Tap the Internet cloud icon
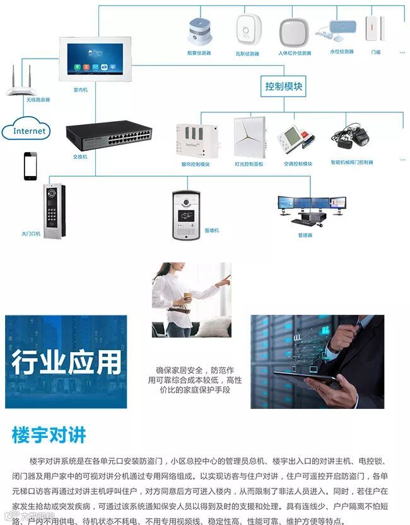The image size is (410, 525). (30, 131)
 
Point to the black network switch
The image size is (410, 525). (108, 134)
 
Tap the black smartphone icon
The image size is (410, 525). (30, 166)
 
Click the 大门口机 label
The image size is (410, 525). (31, 234)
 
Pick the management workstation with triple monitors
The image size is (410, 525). (311, 208)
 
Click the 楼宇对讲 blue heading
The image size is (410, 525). (49, 435)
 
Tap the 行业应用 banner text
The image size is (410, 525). (66, 362)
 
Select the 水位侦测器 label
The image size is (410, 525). (341, 52)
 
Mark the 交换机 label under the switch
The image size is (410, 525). (80, 156)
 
